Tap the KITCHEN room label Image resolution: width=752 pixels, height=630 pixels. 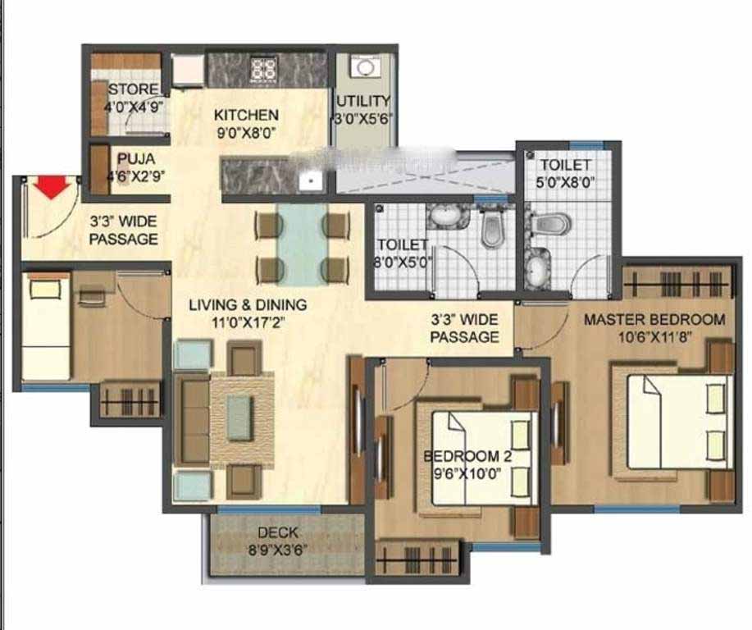point(246,115)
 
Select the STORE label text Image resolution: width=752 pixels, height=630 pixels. point(133,89)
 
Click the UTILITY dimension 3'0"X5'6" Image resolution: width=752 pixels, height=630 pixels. point(363,118)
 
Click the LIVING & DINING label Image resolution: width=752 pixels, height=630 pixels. point(248,305)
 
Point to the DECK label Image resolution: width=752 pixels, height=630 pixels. point(278,532)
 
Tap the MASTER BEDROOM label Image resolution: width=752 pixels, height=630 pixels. point(654,320)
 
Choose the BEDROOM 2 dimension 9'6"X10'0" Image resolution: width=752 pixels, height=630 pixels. point(467,474)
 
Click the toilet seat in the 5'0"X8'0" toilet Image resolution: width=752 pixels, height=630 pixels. point(551,223)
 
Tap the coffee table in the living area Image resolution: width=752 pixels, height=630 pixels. point(239,418)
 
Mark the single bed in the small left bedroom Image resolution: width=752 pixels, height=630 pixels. point(46,326)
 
